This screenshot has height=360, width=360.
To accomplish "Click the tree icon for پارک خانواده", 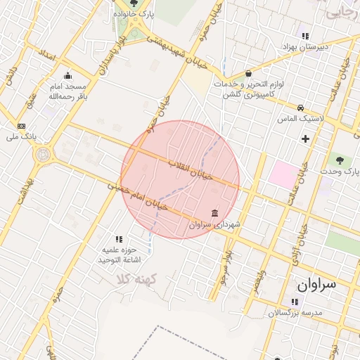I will click(134, 4).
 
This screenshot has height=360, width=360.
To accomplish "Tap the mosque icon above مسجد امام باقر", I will click(67, 77).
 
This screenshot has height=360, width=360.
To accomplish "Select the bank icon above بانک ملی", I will click(20, 126).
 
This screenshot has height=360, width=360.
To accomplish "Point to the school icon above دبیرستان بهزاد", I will click(304, 36).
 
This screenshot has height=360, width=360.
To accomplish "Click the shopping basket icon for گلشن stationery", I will click(248, 73).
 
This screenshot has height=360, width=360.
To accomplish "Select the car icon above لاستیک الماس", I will click(301, 108).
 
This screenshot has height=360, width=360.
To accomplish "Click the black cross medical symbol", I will click(305, 139).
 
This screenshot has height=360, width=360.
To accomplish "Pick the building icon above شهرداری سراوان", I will click(214, 213).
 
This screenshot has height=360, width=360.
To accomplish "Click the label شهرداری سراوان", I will click(215, 225).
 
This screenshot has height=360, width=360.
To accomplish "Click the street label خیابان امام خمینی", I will click(137, 196).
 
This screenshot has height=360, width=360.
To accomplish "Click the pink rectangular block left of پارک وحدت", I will click(283, 174).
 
